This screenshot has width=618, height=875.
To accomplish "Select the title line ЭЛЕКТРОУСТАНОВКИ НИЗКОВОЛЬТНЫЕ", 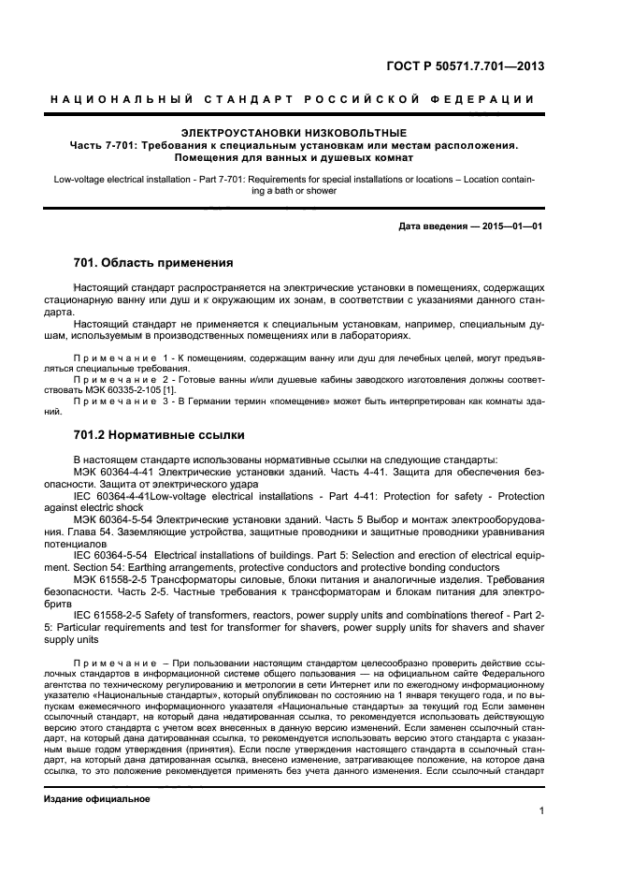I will (x=294, y=133).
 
